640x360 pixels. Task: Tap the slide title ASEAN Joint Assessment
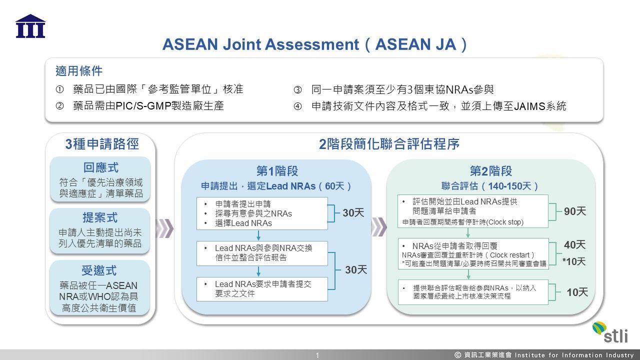[315, 44]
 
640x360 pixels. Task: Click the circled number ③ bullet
[298, 90]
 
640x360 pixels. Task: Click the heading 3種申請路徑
[102, 144]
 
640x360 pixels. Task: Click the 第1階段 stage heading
[277, 171]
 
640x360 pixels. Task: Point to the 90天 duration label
[574, 211]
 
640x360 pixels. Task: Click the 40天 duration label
[574, 245]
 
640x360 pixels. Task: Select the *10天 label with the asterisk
[573, 261]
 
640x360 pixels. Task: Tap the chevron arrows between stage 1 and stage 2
[379, 227]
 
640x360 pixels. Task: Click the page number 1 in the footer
[317, 355]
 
